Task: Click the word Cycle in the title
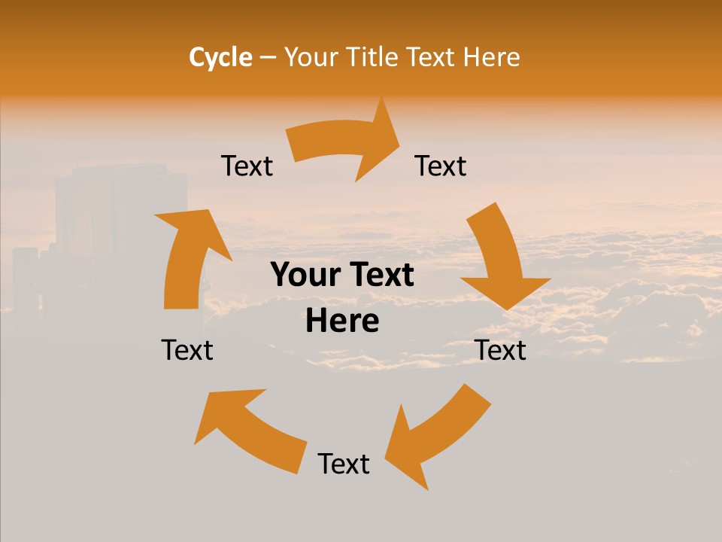220,57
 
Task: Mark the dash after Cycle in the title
268,58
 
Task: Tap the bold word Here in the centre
342,321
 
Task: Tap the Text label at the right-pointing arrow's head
441,166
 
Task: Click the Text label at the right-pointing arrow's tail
247,166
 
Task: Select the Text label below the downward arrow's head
500,350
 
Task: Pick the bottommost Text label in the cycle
344,464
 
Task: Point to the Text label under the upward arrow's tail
187,350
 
